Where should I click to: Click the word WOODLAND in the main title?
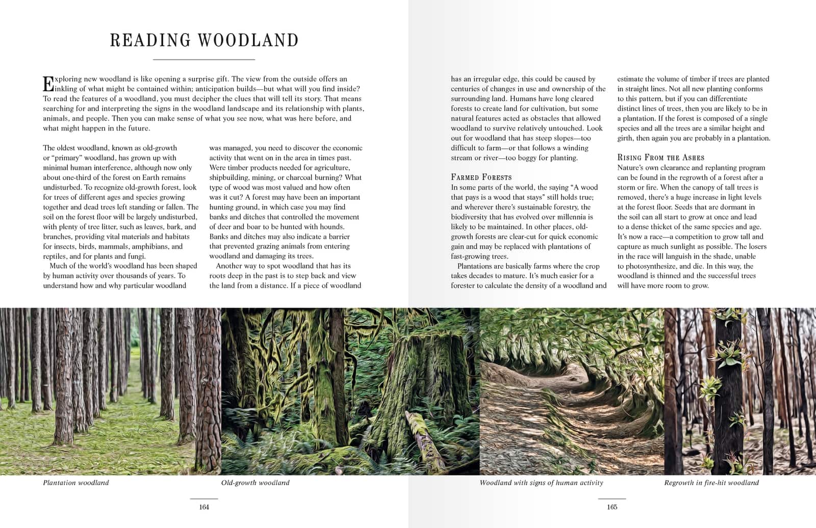pyautogui.click(x=248, y=40)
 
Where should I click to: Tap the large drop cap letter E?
pyautogui.click(x=48, y=84)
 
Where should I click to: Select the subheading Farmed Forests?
pyautogui.click(x=481, y=177)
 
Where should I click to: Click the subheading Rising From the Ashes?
pyautogui.click(x=660, y=157)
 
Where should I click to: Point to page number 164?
pyautogui.click(x=204, y=507)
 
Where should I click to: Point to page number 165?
pyautogui.click(x=612, y=507)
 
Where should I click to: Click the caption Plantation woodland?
pyautogui.click(x=76, y=483)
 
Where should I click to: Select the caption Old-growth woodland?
pyautogui.click(x=255, y=483)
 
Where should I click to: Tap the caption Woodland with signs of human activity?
pyautogui.click(x=541, y=483)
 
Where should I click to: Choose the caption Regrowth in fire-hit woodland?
pyautogui.click(x=711, y=483)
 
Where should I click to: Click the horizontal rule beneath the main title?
pyautogui.click(x=204, y=60)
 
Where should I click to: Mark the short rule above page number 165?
pyautogui.click(x=612, y=498)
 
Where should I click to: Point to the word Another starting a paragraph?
pyautogui.click(x=229, y=266)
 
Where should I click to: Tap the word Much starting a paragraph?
pyautogui.click(x=58, y=266)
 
